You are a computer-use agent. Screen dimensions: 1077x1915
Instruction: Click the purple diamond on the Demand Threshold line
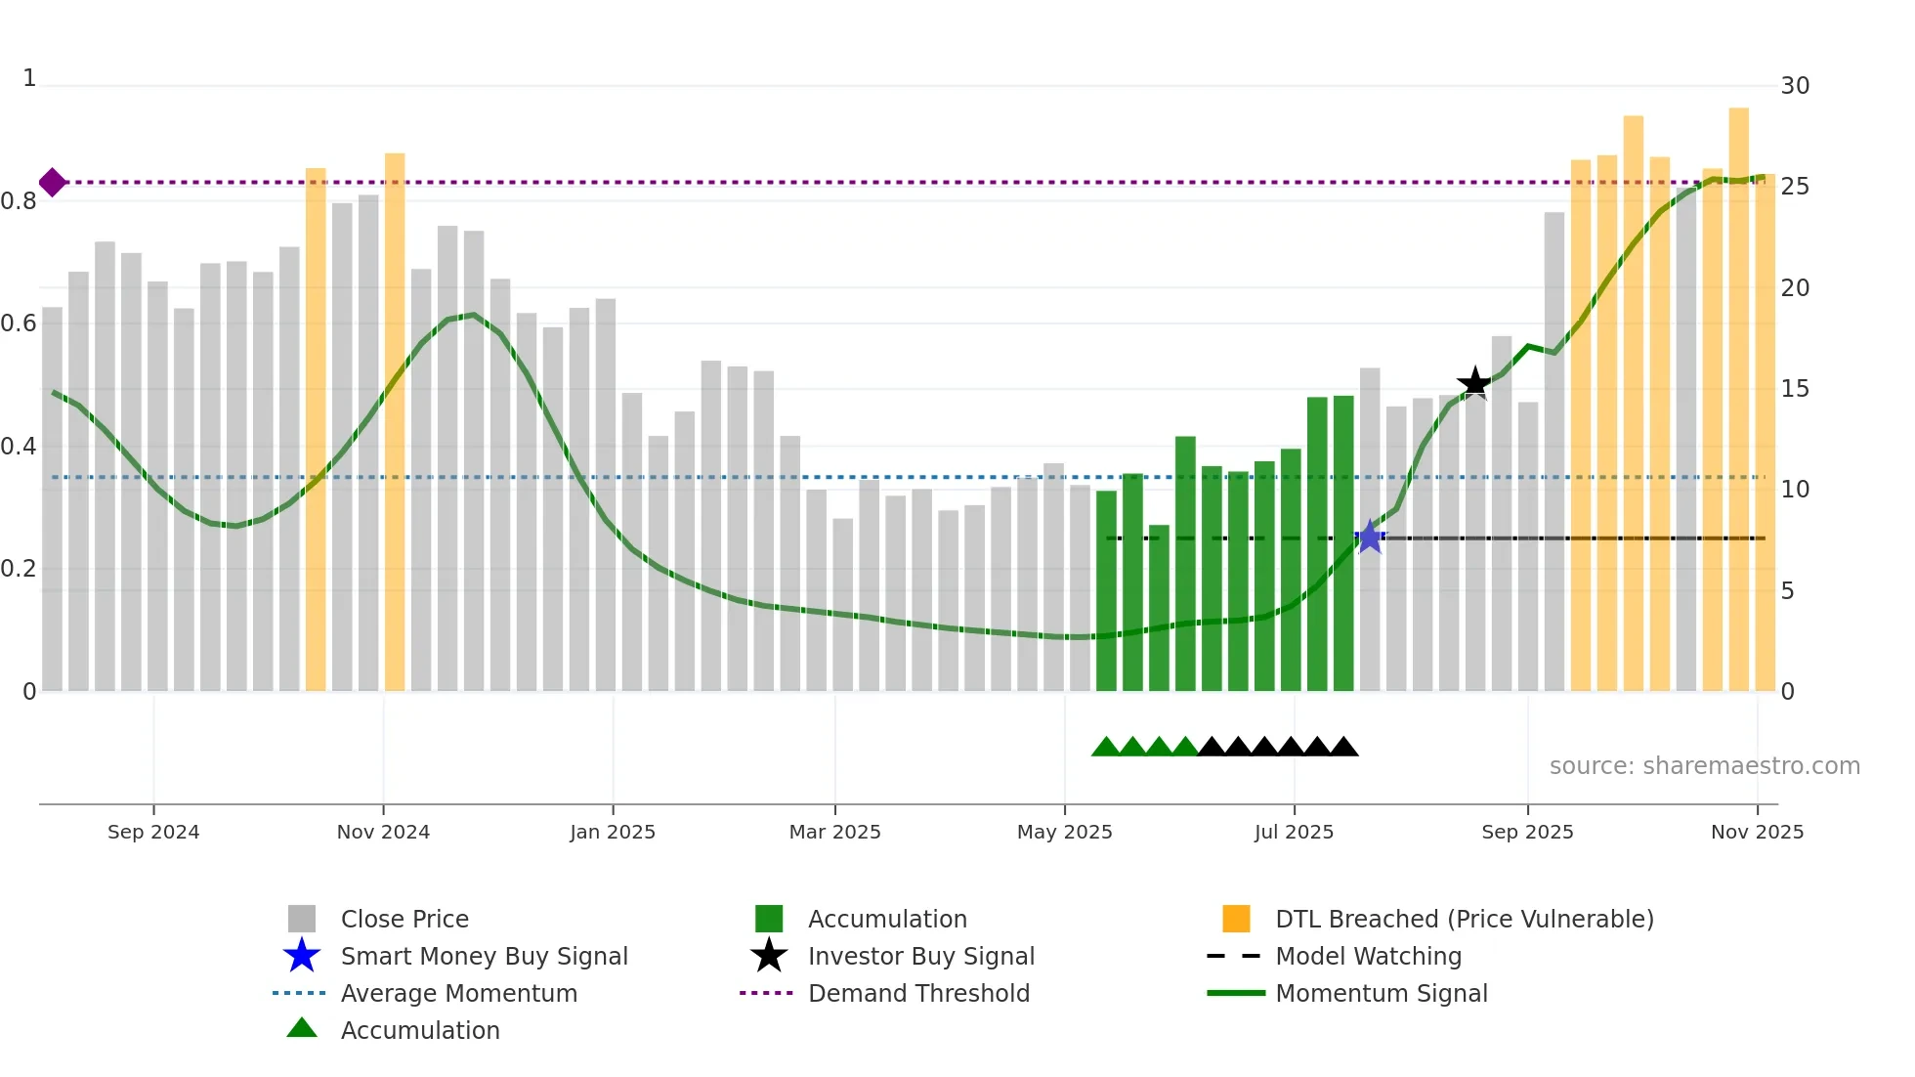pos(53,182)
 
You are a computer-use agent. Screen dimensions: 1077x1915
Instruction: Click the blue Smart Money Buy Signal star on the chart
pos(1370,537)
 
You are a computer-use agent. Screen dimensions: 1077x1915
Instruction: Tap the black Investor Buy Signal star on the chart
pos(1474,383)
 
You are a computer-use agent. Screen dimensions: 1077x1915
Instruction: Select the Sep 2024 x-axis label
pos(153,832)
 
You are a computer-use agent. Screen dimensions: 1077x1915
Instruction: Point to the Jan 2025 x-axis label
pos(613,832)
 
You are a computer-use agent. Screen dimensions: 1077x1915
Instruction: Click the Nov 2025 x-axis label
pos(1757,832)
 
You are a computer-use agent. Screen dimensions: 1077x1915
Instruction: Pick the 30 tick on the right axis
pos(1795,86)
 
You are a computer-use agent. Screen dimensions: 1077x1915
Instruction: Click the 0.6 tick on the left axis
pos(20,323)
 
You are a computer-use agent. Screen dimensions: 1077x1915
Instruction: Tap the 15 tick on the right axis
pos(1795,389)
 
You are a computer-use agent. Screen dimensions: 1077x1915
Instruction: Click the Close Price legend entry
pos(404,919)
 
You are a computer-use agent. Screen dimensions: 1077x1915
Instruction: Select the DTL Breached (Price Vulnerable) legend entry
pos(1464,919)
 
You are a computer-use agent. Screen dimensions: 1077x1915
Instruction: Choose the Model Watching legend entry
pos(1368,956)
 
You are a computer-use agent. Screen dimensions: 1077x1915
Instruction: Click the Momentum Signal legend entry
pos(1381,993)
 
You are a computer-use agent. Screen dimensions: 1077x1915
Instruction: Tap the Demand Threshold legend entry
pos(918,993)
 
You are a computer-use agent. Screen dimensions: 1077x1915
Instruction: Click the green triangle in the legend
pos(302,1028)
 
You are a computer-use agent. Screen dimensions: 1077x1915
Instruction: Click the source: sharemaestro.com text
pos(1704,766)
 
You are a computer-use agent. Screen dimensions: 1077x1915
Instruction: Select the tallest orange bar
pos(1738,391)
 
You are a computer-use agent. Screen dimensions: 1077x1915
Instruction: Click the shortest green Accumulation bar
pos(1159,606)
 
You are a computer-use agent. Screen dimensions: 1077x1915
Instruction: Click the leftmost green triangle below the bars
pos(1105,748)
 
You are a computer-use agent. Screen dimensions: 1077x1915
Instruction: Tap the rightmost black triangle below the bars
pos(1343,748)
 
